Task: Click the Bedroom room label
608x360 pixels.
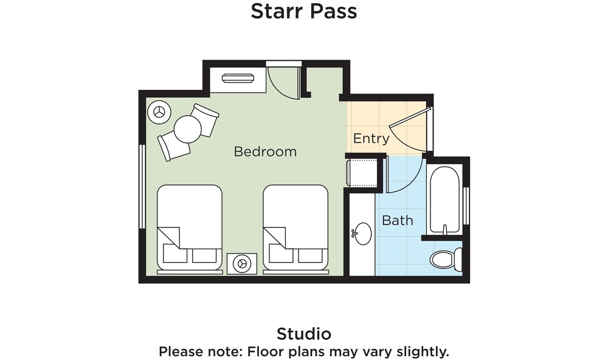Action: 265,151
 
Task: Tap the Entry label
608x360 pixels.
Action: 371,139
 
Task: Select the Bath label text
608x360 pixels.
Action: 398,220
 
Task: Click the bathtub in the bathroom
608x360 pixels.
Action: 445,200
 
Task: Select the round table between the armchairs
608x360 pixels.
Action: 188,130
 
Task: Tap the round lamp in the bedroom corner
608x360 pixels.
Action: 159,112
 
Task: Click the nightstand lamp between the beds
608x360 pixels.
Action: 242,264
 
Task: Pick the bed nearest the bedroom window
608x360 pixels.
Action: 190,229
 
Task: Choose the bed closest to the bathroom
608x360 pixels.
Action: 295,229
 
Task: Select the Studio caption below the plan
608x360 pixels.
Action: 304,334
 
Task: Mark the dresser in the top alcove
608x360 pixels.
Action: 237,78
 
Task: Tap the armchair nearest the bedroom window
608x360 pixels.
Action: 174,145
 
